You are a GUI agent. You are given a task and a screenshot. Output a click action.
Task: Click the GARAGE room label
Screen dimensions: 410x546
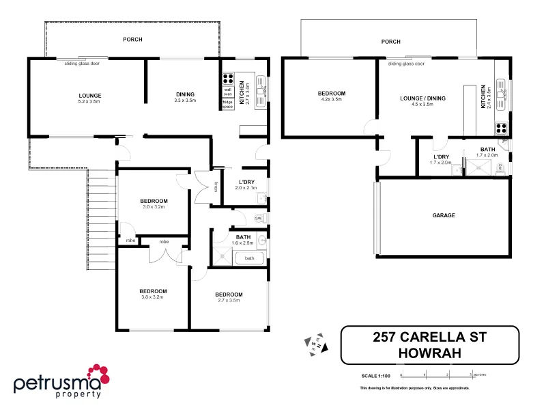(x=444, y=215)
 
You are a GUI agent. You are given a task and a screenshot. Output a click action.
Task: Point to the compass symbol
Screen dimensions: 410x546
(x=316, y=343)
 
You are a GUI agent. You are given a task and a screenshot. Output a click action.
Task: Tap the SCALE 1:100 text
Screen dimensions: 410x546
(x=375, y=375)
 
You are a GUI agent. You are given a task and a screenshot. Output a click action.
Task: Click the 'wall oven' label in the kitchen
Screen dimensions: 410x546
(x=228, y=91)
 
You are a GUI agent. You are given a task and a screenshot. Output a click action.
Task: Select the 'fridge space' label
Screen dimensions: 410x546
(x=227, y=104)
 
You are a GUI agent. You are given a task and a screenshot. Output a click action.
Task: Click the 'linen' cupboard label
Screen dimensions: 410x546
(x=215, y=186)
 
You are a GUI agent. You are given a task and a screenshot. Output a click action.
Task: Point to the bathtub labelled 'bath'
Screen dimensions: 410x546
(x=249, y=258)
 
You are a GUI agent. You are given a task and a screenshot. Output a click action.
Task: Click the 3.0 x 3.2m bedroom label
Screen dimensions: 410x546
(x=154, y=203)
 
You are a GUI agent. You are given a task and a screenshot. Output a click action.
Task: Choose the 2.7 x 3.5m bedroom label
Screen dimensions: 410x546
(x=229, y=297)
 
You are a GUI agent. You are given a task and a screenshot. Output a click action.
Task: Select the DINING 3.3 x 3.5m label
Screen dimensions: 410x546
(x=185, y=97)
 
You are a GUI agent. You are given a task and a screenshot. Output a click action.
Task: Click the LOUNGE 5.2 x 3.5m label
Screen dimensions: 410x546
(x=89, y=97)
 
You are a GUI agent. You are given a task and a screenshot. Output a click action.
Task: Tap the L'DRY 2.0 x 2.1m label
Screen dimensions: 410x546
(x=247, y=184)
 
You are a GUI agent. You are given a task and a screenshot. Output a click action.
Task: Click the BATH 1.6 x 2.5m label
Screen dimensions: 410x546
(x=243, y=239)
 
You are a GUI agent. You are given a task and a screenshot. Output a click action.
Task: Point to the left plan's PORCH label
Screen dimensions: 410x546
(x=132, y=40)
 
